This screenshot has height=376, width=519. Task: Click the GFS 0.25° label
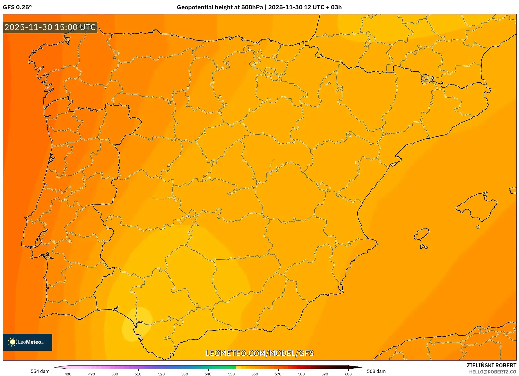17,7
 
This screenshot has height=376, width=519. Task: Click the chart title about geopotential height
259,7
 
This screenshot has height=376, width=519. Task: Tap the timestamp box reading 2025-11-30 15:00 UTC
50,27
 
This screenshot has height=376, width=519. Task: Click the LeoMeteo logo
28,342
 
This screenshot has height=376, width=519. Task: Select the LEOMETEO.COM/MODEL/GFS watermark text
259,353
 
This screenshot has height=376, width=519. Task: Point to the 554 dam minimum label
40,371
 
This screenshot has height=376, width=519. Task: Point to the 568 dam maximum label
376,371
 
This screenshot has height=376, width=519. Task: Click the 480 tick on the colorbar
68,374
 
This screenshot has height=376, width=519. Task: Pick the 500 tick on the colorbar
115,374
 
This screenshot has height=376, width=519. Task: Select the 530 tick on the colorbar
185,374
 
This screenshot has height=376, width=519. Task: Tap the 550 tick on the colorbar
231,374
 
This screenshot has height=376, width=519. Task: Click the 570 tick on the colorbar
278,374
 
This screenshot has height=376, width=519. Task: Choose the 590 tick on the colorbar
325,374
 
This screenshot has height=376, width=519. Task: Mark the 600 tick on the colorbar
348,374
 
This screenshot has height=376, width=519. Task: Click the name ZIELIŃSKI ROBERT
491,365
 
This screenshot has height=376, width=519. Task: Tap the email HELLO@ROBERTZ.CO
493,372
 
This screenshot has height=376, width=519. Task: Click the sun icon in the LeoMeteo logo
12,342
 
